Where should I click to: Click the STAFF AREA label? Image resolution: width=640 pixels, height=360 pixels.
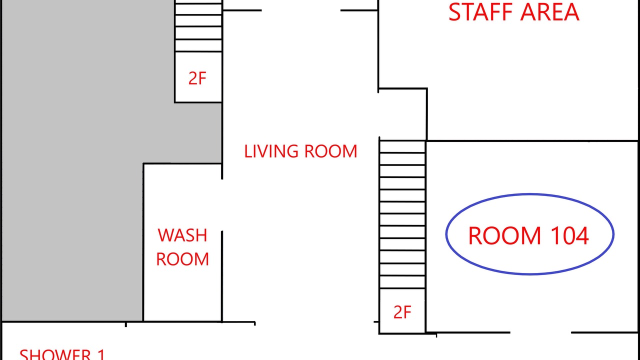click(513, 12)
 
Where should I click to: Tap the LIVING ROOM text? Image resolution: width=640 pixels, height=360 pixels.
click(300, 151)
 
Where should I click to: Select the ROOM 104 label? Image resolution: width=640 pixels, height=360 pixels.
click(528, 235)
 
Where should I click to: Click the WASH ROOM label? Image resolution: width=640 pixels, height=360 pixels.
click(182, 247)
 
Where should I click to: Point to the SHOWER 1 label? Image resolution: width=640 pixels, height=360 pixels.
click(62, 354)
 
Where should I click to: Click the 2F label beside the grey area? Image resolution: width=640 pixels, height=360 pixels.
click(197, 78)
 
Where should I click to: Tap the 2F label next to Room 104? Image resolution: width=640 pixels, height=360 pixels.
click(402, 312)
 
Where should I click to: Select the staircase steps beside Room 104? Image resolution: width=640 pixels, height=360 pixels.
click(402, 214)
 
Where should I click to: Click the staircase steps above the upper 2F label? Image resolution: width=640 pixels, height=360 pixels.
click(198, 26)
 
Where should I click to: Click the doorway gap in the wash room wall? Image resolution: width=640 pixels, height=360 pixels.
click(222, 205)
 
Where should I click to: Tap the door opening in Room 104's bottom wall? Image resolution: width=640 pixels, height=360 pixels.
click(540, 332)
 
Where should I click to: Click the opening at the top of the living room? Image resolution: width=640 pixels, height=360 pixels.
click(301, 10)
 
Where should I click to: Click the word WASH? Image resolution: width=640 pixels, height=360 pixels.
click(182, 235)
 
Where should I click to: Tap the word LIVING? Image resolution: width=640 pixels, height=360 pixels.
click(271, 151)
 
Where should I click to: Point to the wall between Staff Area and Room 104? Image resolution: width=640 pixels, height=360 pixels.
click(532, 141)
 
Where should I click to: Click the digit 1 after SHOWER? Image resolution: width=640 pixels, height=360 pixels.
click(101, 354)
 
